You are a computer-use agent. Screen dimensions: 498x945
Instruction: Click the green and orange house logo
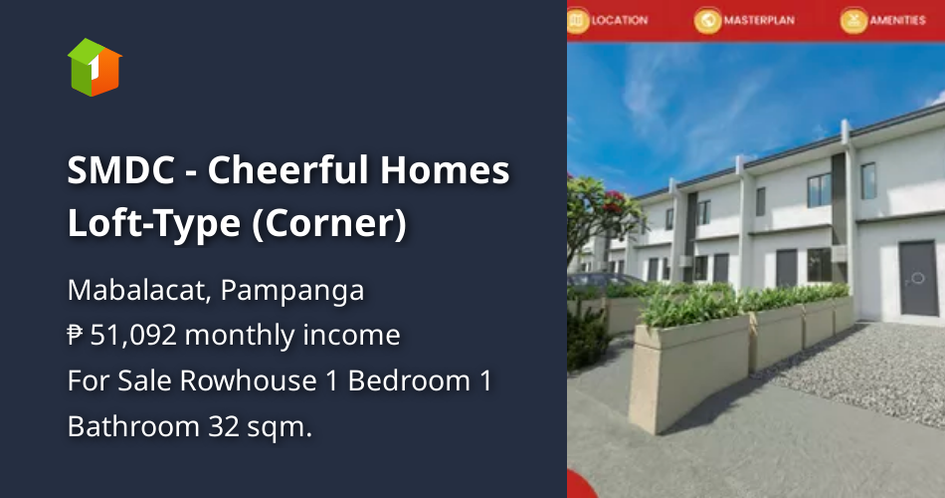click(x=94, y=68)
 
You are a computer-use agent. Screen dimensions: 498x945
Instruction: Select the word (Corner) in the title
click(x=328, y=224)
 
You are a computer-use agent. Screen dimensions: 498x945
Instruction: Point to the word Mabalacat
click(x=139, y=291)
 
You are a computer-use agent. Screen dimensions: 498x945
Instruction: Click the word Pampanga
click(x=292, y=291)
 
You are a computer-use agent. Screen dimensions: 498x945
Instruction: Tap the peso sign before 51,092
click(x=76, y=336)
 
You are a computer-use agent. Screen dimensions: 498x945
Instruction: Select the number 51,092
click(x=133, y=336)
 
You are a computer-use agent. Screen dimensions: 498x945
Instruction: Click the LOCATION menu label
click(x=619, y=20)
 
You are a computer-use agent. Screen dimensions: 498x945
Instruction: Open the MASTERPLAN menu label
click(x=758, y=20)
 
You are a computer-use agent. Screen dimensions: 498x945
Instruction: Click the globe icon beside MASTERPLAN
click(x=707, y=20)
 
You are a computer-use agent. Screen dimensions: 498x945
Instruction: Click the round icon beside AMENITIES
click(x=852, y=20)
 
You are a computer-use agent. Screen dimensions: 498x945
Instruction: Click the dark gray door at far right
click(x=917, y=278)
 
